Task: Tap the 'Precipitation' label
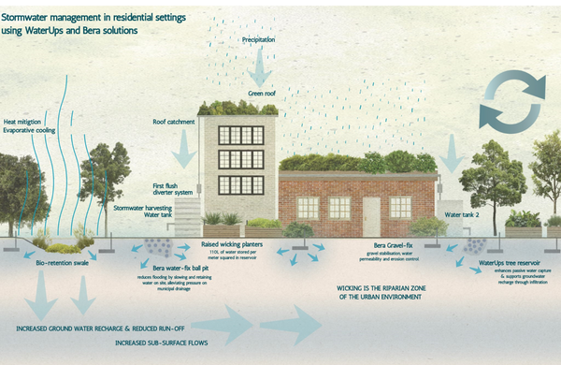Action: pos(265,42)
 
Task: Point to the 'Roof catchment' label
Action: pos(173,122)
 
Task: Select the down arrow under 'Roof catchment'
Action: pos(186,145)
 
